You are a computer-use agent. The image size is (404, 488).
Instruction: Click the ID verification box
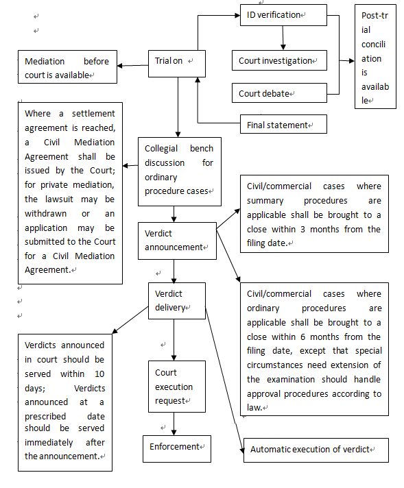tap(283, 15)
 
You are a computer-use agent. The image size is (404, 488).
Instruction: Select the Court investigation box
tap(279, 60)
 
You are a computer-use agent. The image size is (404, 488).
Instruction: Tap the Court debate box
tap(279, 93)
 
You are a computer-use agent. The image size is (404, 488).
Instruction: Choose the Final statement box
tap(283, 124)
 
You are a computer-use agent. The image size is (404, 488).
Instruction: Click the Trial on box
tap(177, 64)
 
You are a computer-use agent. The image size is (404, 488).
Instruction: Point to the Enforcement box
tap(177, 449)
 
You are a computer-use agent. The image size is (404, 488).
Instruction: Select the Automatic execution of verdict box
tap(316, 450)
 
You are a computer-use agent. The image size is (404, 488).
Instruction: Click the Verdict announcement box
tap(177, 241)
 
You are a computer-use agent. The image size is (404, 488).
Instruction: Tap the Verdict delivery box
tap(177, 301)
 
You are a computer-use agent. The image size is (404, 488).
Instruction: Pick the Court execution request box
tap(177, 387)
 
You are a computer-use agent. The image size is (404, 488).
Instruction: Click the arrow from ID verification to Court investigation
tap(283, 38)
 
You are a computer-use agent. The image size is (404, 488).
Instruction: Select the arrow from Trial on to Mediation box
tap(132, 65)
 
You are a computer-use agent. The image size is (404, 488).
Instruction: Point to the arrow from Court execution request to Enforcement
tap(174, 424)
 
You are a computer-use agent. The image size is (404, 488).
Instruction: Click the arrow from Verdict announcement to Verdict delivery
tap(174, 271)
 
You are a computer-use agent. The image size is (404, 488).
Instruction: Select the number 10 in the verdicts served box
tap(99, 374)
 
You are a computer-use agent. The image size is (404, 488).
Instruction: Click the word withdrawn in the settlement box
tap(45, 214)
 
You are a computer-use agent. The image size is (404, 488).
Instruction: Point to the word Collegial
tap(161, 149)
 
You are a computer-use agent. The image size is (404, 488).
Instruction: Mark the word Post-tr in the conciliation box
tap(375, 16)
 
